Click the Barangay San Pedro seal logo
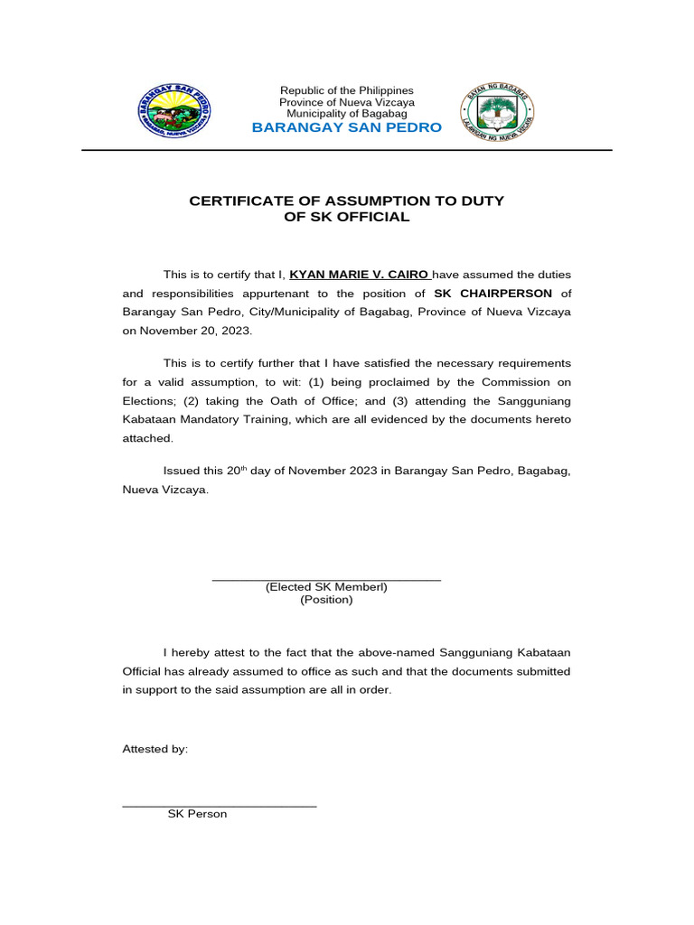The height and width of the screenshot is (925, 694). (x=177, y=110)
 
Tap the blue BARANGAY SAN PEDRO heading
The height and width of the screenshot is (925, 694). (x=347, y=128)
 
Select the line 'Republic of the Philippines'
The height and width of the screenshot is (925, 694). (x=347, y=90)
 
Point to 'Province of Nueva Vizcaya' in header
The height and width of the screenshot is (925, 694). (x=347, y=102)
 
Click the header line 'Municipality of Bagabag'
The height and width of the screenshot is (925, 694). (x=347, y=114)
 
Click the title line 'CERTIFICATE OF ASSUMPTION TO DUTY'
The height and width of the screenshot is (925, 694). (x=347, y=201)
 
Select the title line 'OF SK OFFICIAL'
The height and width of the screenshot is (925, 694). (x=347, y=217)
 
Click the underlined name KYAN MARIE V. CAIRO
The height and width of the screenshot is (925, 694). (x=360, y=274)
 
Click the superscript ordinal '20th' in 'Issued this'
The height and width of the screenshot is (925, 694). (x=237, y=471)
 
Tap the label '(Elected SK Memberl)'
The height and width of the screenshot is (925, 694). (x=326, y=587)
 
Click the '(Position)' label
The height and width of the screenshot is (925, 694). (x=326, y=600)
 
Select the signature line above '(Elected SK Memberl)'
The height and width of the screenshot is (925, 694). (x=326, y=579)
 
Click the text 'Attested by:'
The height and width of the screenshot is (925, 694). (x=155, y=749)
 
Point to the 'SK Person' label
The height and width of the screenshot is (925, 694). (x=197, y=814)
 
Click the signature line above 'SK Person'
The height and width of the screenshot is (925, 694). (x=219, y=805)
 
